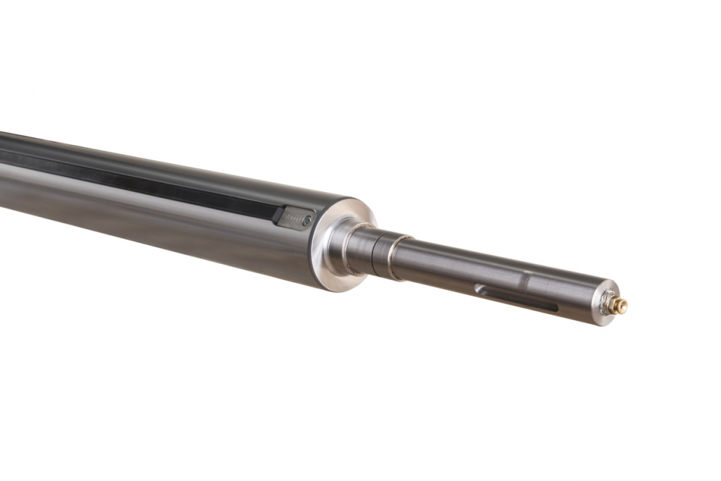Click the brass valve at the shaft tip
(x=619, y=305)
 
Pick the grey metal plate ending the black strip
(x=295, y=218)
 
